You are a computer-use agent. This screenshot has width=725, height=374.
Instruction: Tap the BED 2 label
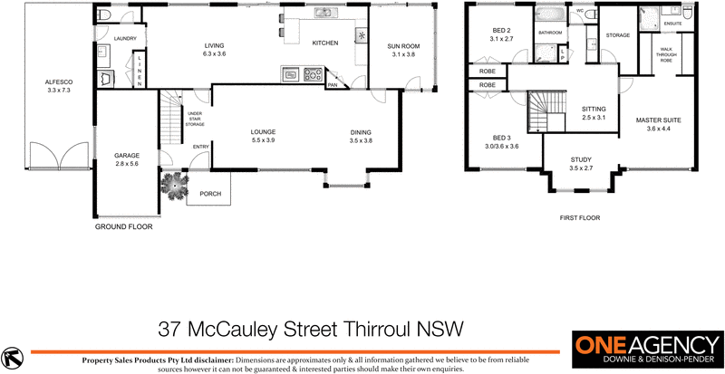point(501,31)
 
